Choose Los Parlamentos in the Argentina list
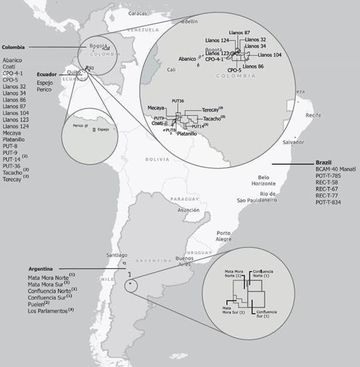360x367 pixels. (x=49, y=311)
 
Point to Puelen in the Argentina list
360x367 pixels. (x=38, y=304)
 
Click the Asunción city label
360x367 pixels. (x=188, y=210)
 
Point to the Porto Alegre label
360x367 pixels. (x=224, y=236)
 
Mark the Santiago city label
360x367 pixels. (x=116, y=256)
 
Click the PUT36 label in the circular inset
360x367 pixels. (x=177, y=101)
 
